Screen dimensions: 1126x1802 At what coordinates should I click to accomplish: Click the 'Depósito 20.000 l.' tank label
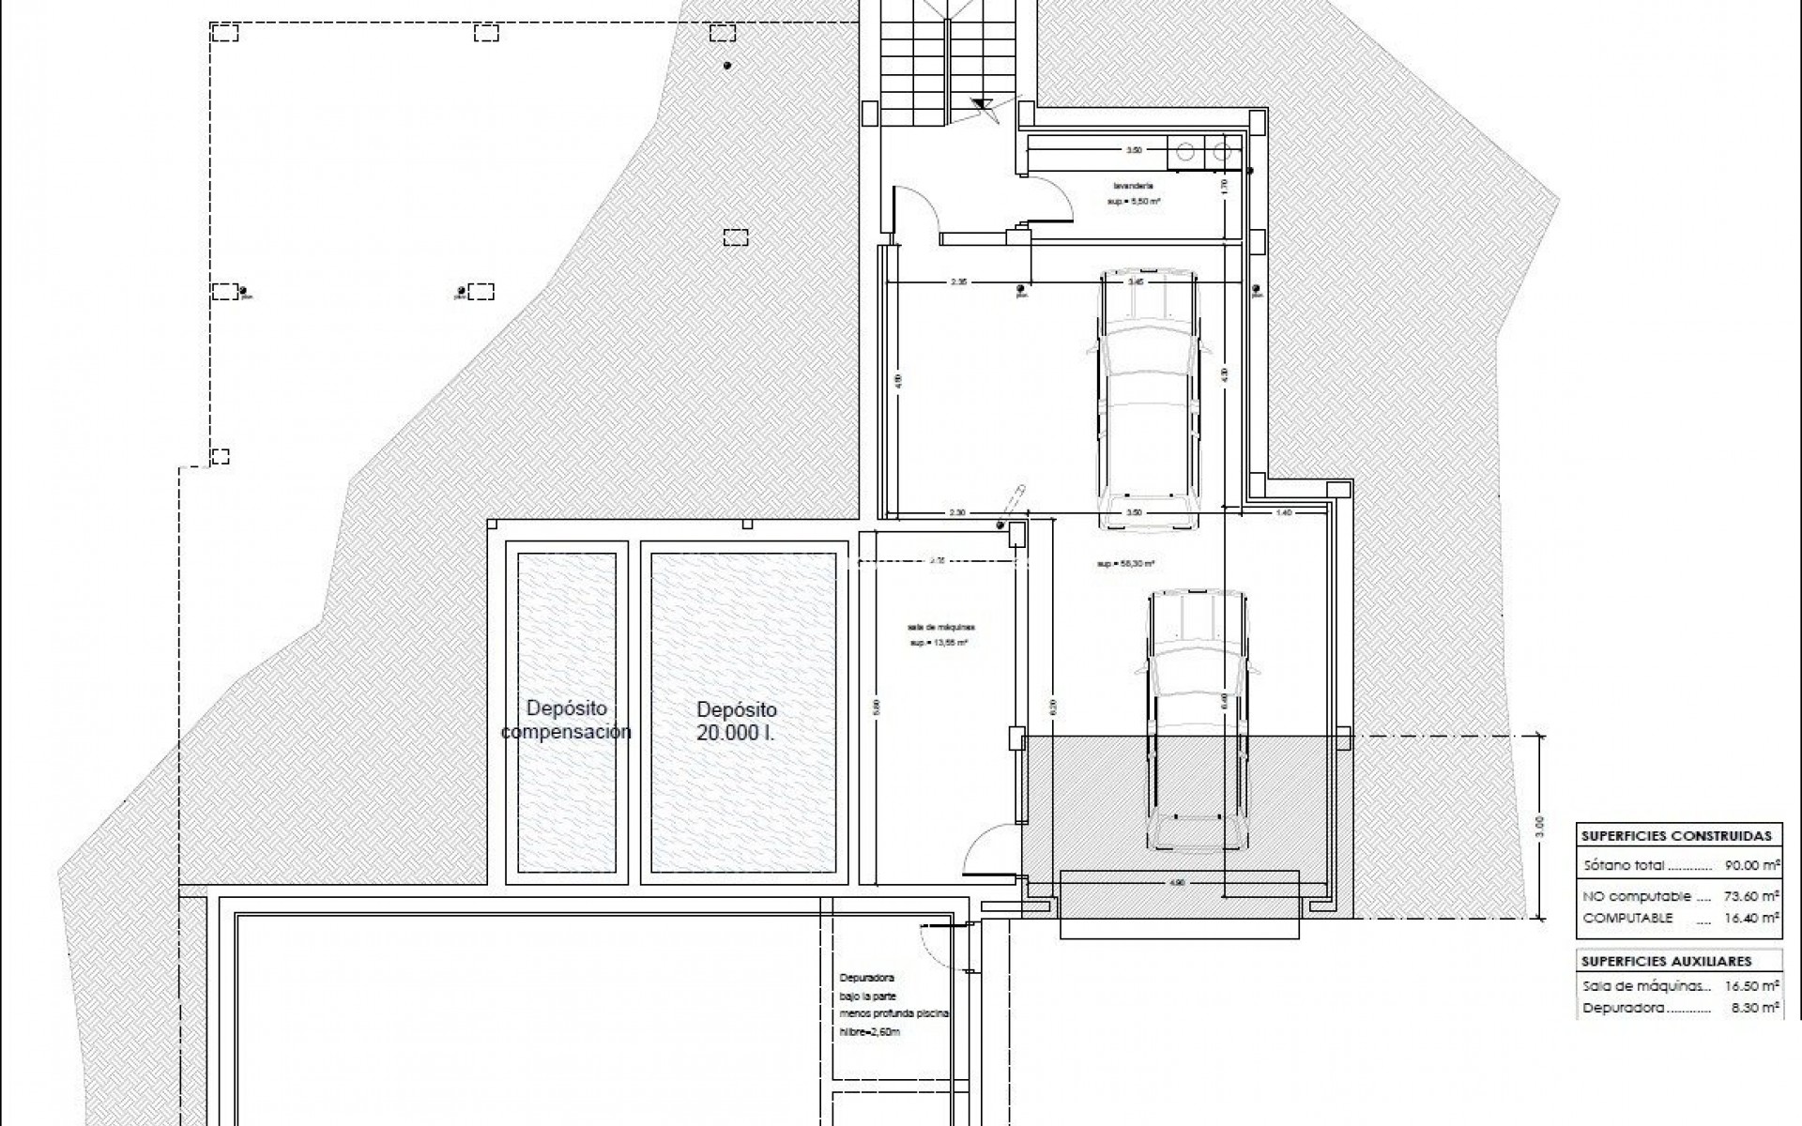(x=736, y=722)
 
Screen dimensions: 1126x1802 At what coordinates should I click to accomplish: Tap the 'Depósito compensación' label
(x=566, y=720)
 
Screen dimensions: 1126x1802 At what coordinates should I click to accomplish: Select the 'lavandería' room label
(x=1128, y=186)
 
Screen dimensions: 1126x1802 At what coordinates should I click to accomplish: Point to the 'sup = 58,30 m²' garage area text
(x=1124, y=564)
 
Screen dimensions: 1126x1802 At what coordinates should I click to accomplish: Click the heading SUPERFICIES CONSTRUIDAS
(x=1676, y=835)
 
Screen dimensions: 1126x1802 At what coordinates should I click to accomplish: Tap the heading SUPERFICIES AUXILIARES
(x=1666, y=961)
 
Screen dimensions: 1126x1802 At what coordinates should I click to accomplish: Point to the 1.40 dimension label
(x=1284, y=513)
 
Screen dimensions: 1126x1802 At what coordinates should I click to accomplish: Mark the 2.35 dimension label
(x=957, y=281)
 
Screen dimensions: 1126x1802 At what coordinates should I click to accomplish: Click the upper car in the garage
(x=1148, y=399)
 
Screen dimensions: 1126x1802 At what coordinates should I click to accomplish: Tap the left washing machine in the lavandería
(x=1185, y=150)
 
